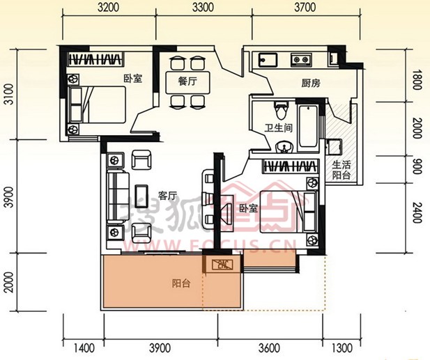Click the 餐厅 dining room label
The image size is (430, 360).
click(x=187, y=81)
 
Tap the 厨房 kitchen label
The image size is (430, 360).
click(x=311, y=83)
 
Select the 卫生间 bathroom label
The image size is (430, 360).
click(x=278, y=128)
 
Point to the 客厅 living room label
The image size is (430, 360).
click(x=167, y=196)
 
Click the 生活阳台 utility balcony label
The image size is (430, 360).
click(x=341, y=170)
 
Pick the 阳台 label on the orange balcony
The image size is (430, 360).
click(x=181, y=283)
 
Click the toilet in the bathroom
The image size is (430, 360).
click(x=282, y=110)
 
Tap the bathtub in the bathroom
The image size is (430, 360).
click(x=308, y=126)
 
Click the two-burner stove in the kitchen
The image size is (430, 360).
click(x=301, y=59)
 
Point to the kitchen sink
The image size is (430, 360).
click(x=268, y=60)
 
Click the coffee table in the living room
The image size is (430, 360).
click(x=141, y=196)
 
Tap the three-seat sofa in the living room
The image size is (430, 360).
click(x=118, y=197)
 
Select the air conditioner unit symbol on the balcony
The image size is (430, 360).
click(x=222, y=265)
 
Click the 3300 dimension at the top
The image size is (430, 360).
click(x=203, y=8)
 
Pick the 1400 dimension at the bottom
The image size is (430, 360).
click(x=84, y=348)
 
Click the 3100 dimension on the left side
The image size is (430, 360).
click(x=9, y=95)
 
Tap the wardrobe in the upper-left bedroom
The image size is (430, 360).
click(x=95, y=59)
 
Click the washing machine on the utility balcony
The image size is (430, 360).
click(x=335, y=147)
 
